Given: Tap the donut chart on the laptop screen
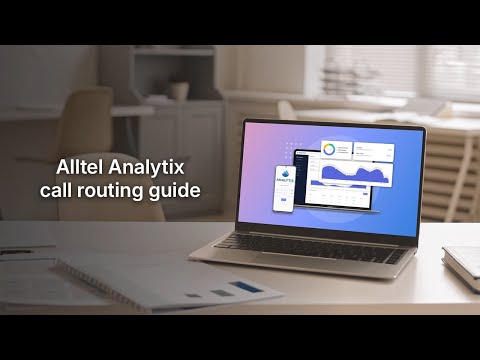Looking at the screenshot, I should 330,150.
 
